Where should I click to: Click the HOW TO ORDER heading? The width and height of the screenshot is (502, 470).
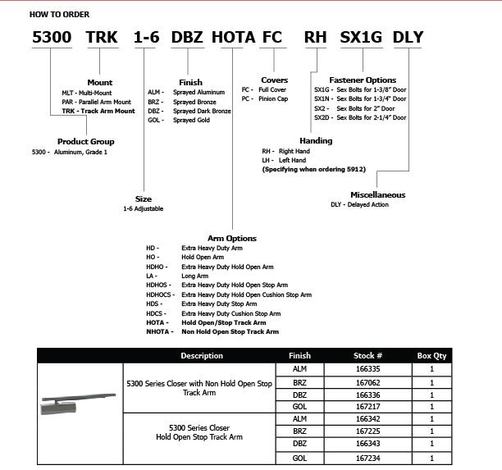pos(59,15)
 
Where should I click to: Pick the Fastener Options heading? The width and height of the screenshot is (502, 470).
pos(363,80)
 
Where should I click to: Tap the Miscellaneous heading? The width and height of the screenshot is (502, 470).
pos(377,195)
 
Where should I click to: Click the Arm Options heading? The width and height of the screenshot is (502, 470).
pos(232,239)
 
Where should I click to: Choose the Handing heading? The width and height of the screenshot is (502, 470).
pos(316,141)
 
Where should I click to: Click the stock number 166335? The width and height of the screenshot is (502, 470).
pos(368,370)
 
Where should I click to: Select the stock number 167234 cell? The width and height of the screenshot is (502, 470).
pos(368,458)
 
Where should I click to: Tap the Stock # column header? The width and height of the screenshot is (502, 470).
pos(368,356)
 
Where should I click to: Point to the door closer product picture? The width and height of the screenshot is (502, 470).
pos(79,403)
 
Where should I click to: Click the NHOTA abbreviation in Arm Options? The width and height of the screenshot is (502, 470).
pos(159,332)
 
